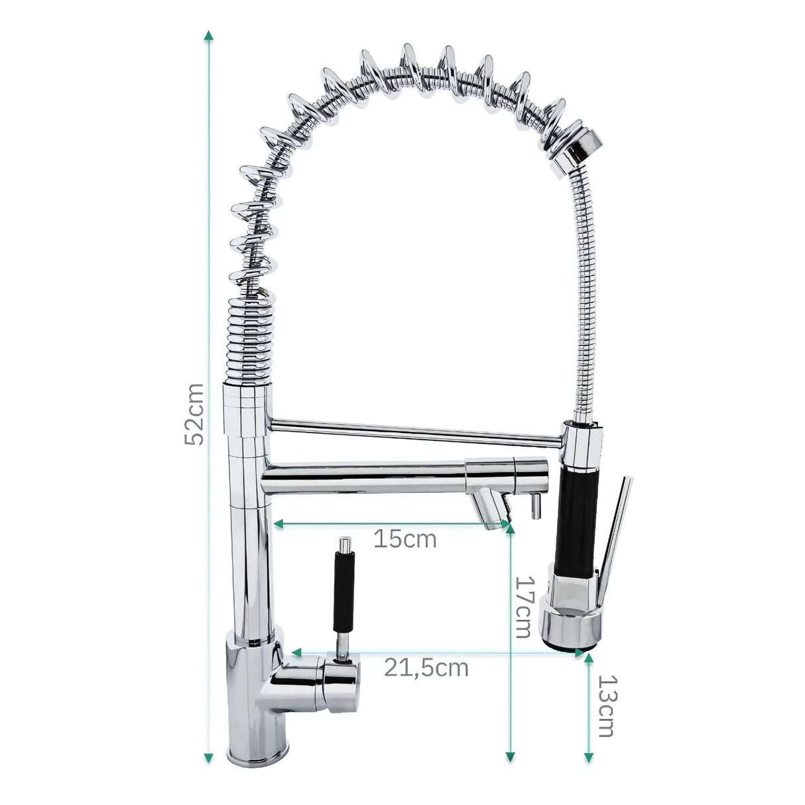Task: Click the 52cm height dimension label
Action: (193, 414)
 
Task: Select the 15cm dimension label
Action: (404, 538)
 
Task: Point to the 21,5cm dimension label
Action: (426, 667)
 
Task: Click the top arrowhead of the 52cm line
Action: (209, 35)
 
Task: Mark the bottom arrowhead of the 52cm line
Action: (209, 757)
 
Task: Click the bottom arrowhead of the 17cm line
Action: (510, 757)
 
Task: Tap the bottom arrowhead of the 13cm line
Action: (588, 757)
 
